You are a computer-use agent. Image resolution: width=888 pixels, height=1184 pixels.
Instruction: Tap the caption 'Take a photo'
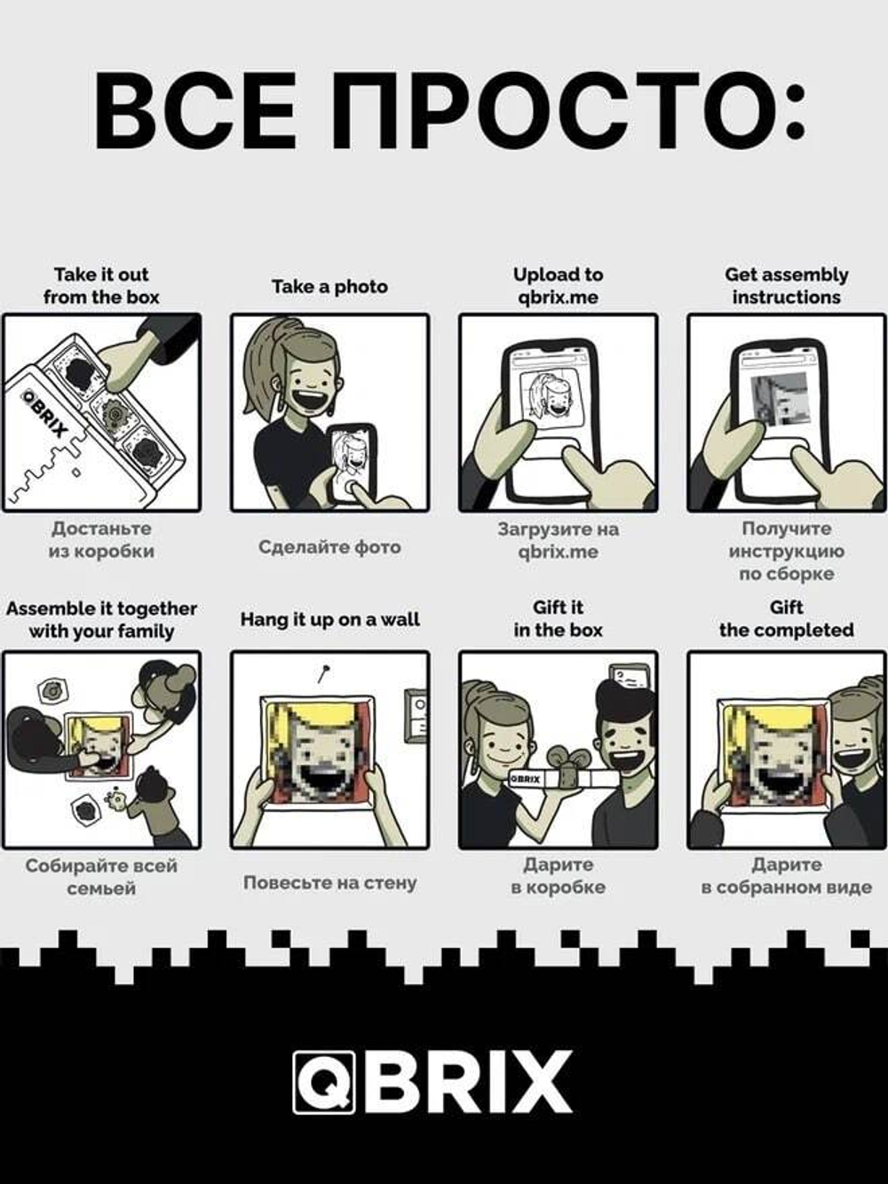[329, 287]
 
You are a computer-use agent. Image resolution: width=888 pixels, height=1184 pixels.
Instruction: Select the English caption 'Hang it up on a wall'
[330, 619]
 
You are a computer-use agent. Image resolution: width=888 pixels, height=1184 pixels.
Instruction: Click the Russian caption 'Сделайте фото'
[329, 547]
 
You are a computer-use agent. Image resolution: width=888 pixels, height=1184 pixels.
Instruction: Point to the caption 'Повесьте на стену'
[330, 883]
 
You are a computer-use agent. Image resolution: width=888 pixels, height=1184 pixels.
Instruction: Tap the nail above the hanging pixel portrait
[323, 674]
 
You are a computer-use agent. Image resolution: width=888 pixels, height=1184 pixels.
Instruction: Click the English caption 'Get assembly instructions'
[787, 286]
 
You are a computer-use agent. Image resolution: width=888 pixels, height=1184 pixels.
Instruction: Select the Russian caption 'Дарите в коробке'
[558, 876]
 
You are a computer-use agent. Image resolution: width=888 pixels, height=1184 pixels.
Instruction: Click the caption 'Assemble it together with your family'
[101, 620]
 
